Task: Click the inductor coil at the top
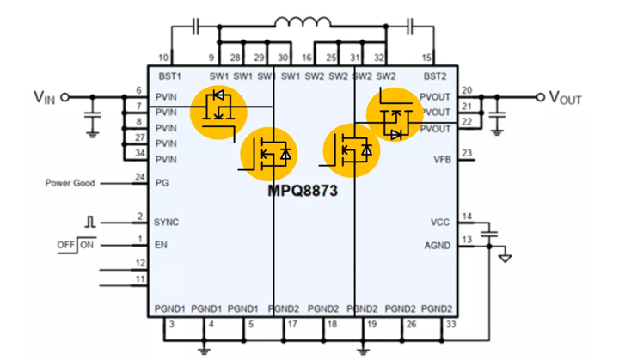[x=303, y=22]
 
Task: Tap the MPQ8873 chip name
[x=303, y=191]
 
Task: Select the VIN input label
[x=44, y=97]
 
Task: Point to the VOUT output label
[x=565, y=97]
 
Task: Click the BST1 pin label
[x=169, y=76]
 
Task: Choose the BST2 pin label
[x=435, y=76]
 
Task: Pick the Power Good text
[x=70, y=183]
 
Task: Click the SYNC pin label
[x=166, y=223]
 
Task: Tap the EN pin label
[x=161, y=245]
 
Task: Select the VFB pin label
[x=442, y=160]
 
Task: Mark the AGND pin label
[x=438, y=246]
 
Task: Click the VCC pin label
[x=440, y=223]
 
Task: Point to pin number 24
[x=140, y=177]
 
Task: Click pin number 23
[x=467, y=153]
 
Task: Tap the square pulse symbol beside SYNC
[x=90, y=222]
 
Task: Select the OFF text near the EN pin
[x=65, y=245]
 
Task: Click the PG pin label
[x=162, y=183]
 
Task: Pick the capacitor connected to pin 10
[x=195, y=27]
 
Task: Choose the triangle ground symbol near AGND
[x=505, y=259]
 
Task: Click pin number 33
[x=450, y=324]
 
